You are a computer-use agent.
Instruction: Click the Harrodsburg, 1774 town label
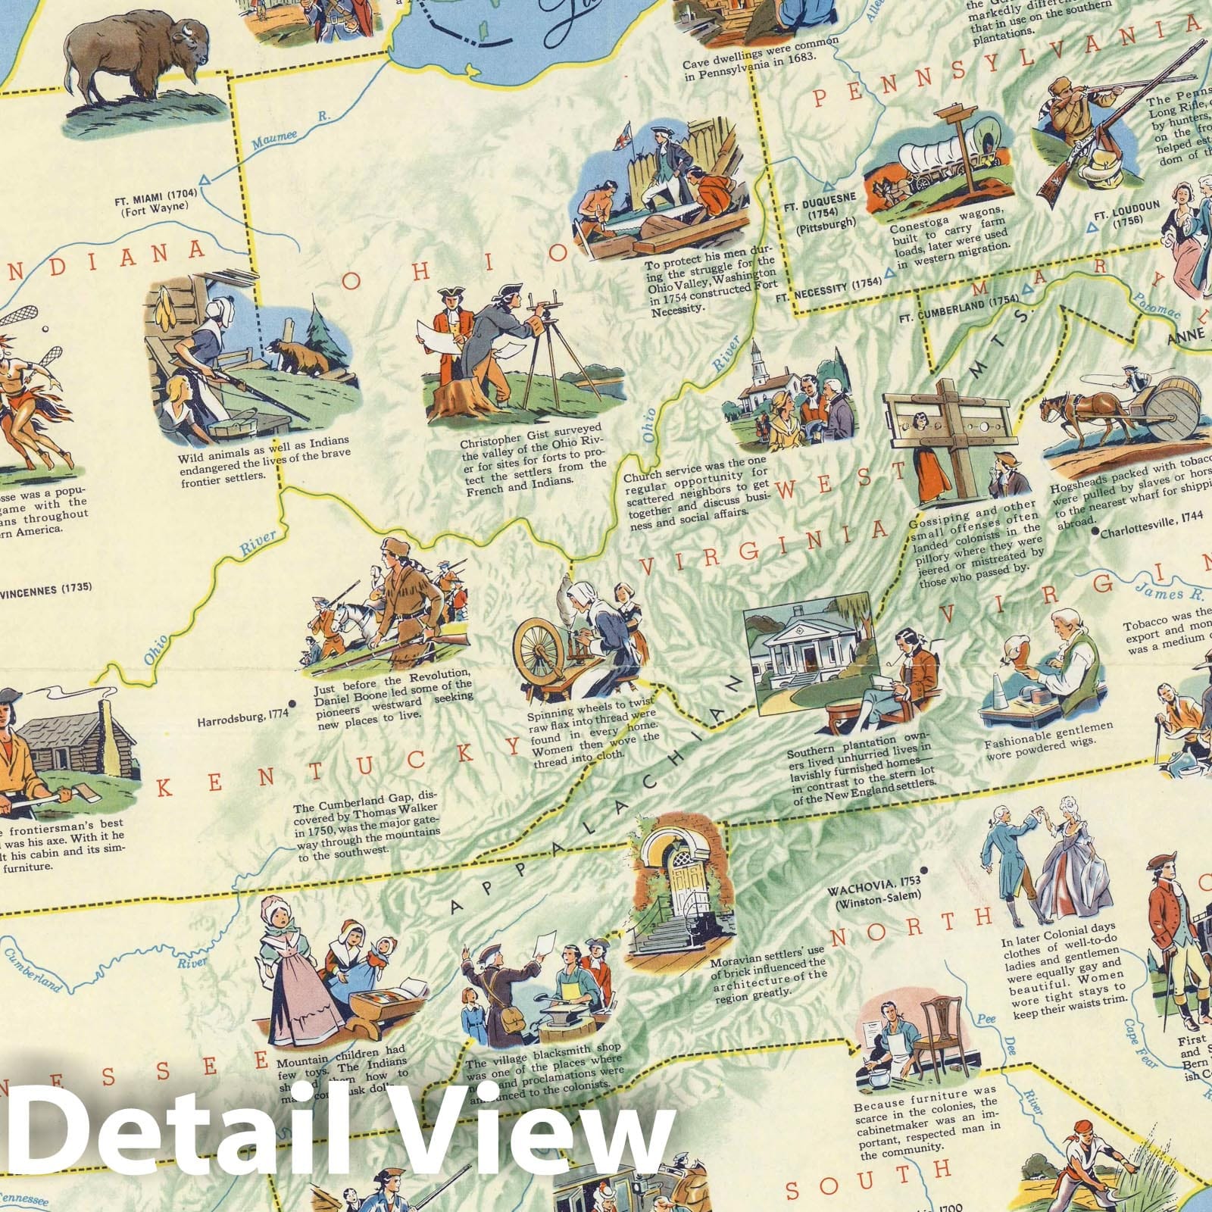pyautogui.click(x=237, y=722)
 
